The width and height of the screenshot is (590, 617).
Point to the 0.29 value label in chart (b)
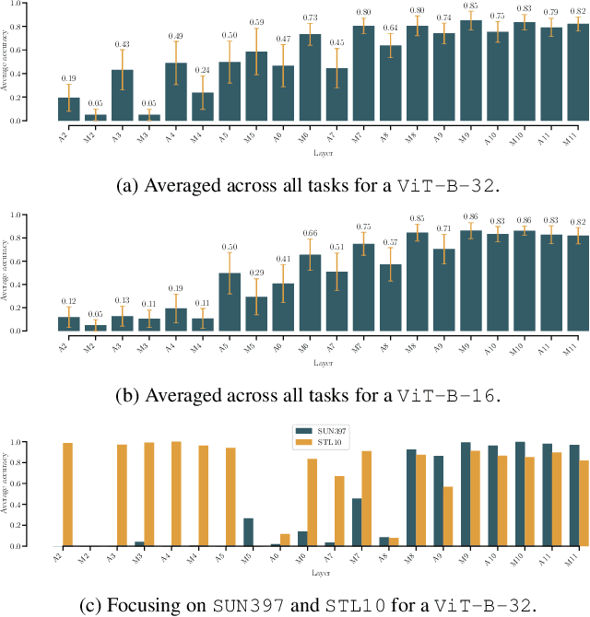click(257, 274)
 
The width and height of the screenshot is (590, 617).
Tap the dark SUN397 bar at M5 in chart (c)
click(248, 531)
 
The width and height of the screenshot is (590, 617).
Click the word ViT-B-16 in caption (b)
click(447, 396)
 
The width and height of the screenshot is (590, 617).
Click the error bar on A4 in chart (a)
click(177, 63)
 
